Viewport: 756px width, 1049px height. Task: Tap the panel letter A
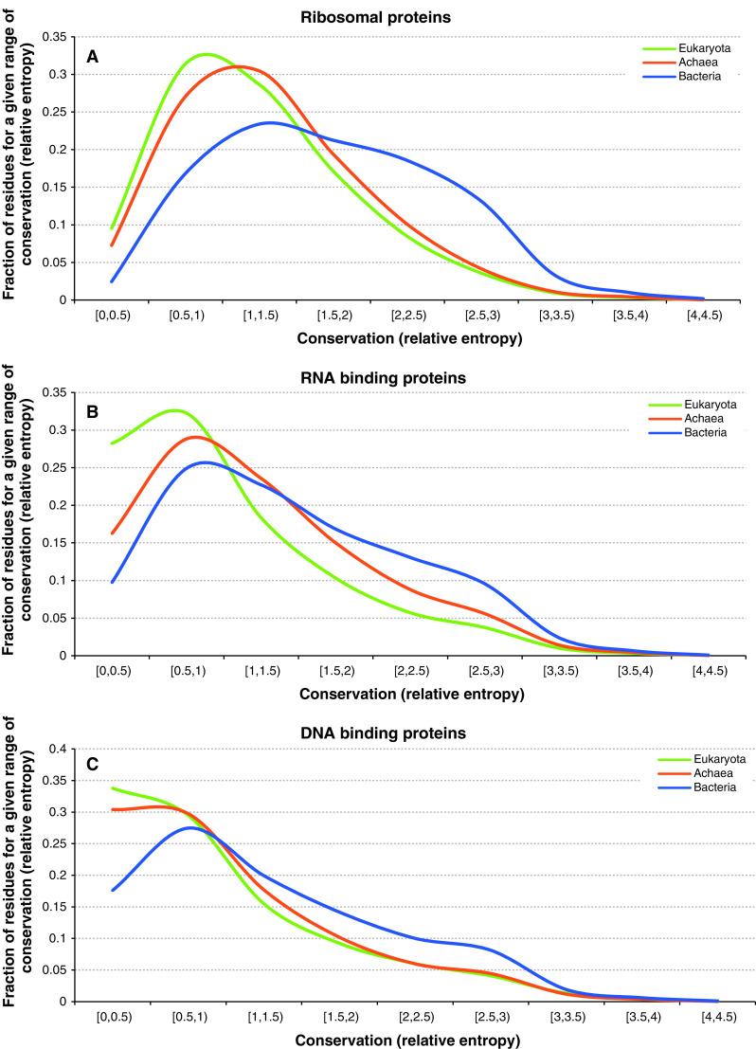[x=92, y=57]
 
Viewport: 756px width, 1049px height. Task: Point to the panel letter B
[x=92, y=414]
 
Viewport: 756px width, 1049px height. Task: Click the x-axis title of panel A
[x=411, y=337]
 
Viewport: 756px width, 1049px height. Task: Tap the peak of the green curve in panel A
[x=207, y=54]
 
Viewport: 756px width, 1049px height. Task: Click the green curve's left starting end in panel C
[x=113, y=787]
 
